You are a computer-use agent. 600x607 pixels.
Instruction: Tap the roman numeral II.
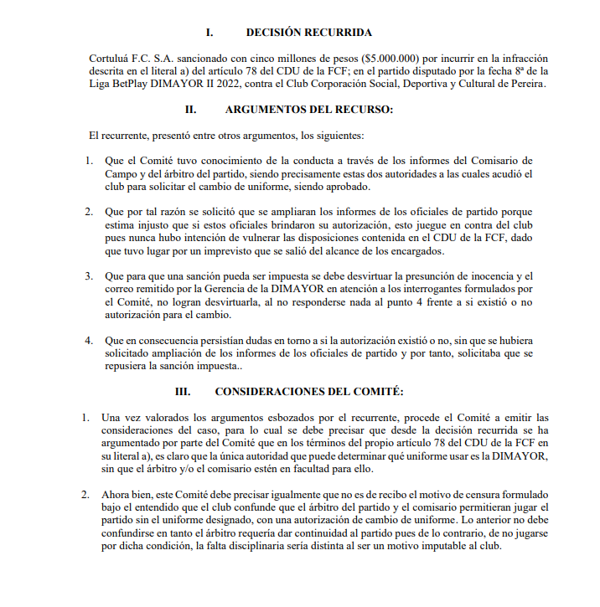(x=190, y=110)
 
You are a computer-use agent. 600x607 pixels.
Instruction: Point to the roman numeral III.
(x=183, y=391)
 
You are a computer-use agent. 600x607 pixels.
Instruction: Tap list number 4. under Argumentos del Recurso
(x=89, y=340)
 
